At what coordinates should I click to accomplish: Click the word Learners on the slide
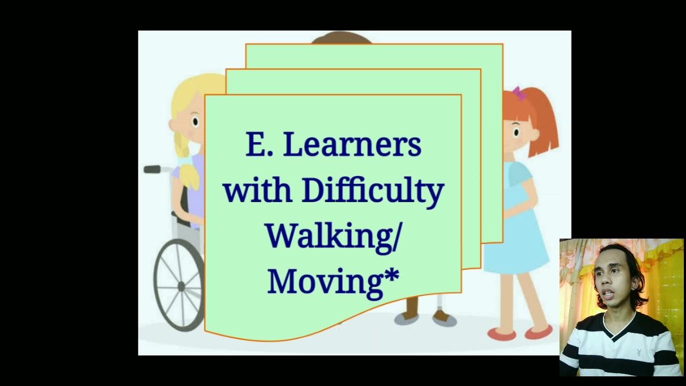[352, 145]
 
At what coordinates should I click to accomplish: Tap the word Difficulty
[372, 191]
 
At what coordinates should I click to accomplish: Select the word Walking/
[332, 236]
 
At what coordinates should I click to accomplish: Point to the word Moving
[325, 281]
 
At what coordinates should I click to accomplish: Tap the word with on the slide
[257, 191]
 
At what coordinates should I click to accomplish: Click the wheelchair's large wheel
[179, 285]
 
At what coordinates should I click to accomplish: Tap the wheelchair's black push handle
[153, 169]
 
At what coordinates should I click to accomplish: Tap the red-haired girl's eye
[516, 130]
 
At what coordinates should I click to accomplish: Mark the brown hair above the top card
[341, 38]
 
